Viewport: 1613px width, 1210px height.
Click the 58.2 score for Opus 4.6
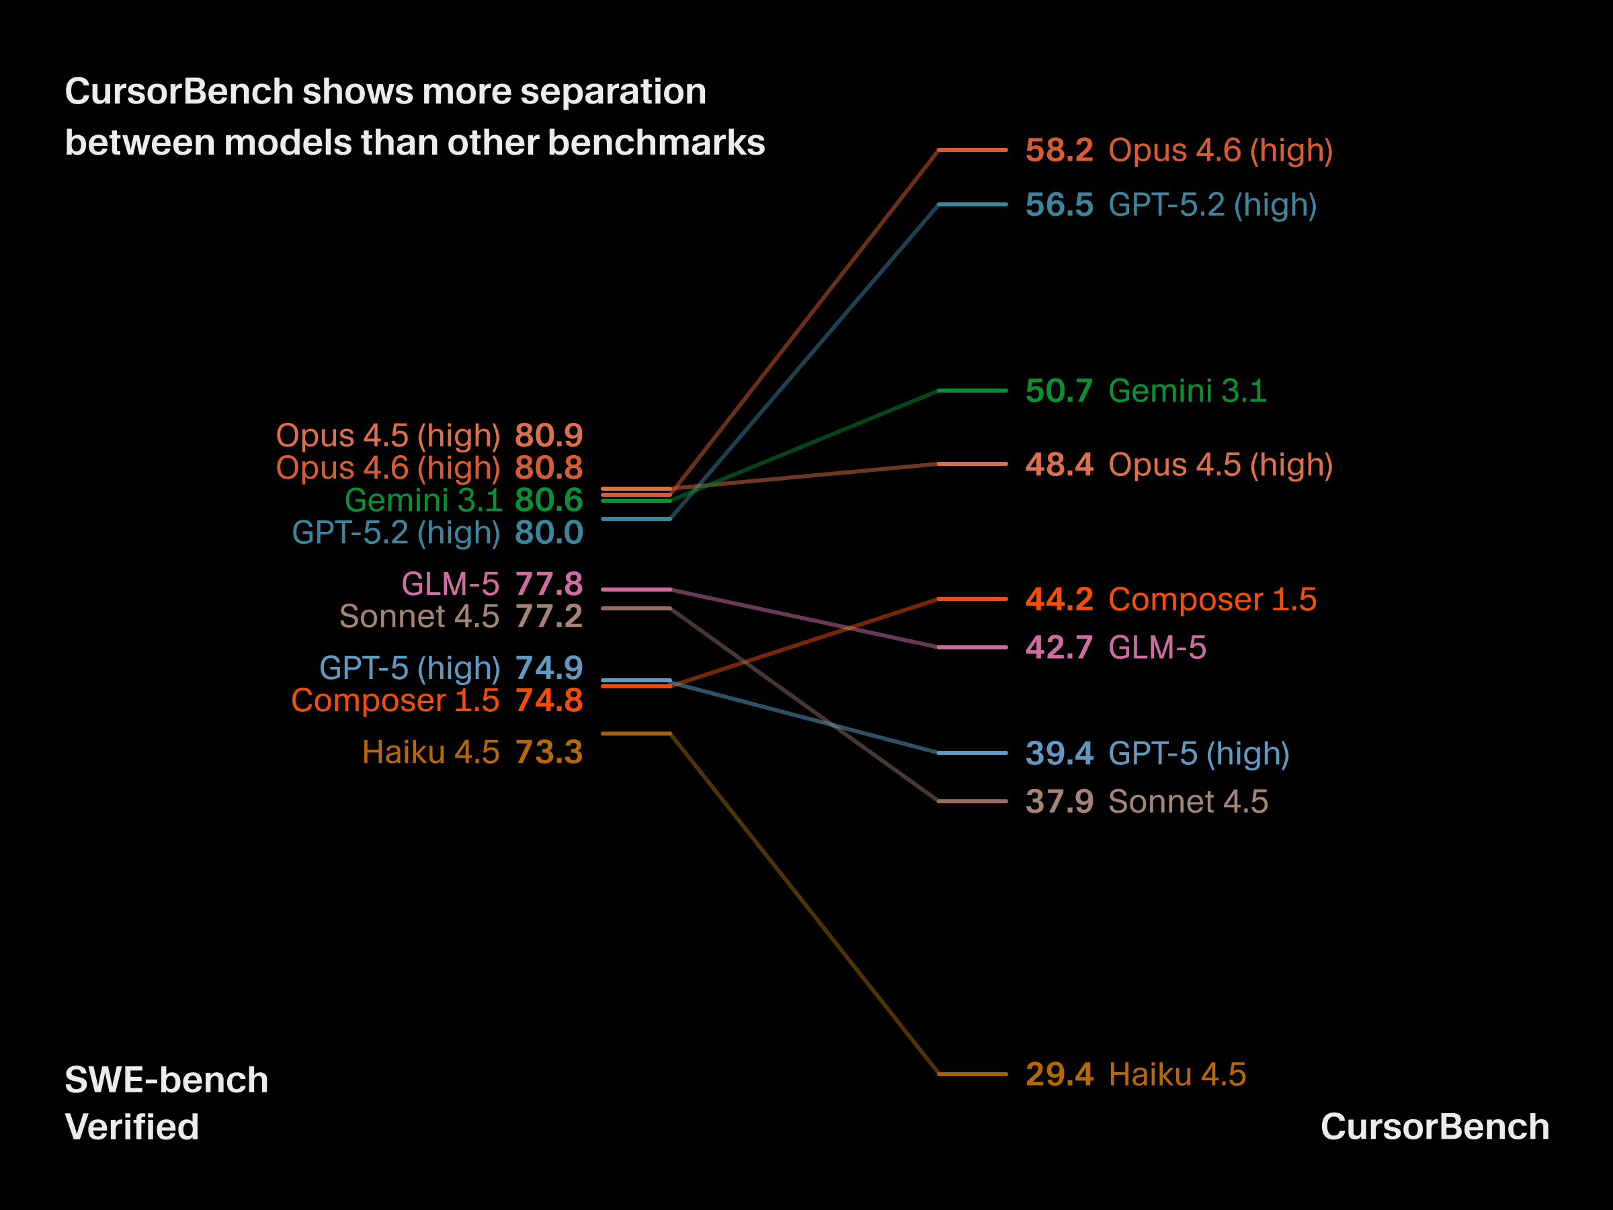coord(1059,151)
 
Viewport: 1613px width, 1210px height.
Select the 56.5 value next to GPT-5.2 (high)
coord(1059,205)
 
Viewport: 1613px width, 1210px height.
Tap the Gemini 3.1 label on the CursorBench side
coord(1187,391)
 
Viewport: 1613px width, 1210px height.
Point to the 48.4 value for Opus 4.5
coord(1059,465)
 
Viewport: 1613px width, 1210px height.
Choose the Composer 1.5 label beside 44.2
coord(1212,600)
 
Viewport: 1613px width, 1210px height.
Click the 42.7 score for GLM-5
coord(1059,647)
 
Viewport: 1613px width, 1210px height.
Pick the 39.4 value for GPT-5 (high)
coord(1059,754)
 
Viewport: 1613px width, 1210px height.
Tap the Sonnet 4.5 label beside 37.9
coord(1188,801)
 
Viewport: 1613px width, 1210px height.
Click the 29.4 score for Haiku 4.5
coord(1059,1074)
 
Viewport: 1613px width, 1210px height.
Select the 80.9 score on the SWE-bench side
coord(548,436)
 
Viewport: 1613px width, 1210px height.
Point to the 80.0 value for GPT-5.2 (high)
coord(548,532)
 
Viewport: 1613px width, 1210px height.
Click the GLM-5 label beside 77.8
coord(450,584)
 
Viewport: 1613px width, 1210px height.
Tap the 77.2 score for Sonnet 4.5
coord(548,616)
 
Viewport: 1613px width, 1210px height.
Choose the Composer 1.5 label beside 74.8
coord(395,701)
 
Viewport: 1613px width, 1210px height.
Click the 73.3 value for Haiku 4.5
coord(548,752)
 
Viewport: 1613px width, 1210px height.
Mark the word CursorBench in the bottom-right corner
coord(1434,1127)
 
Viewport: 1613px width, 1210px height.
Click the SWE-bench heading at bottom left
coord(166,1080)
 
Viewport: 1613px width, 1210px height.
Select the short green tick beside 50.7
coord(972,391)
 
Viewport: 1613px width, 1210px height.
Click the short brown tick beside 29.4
coord(972,1074)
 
